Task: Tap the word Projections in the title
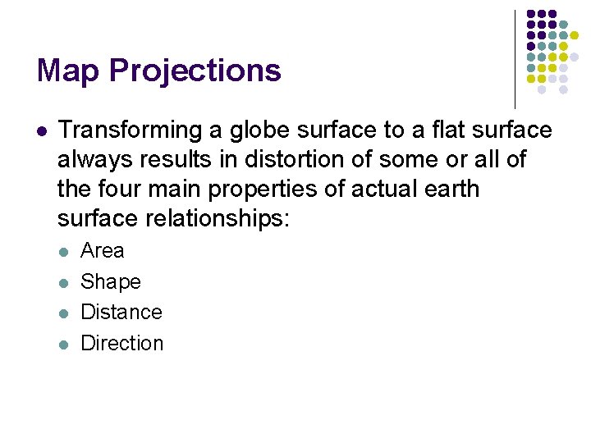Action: (x=195, y=71)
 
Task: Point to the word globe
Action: (x=246, y=130)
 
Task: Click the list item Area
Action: (x=103, y=251)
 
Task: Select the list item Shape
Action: (x=111, y=282)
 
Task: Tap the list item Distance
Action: (x=121, y=313)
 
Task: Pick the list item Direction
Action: (x=122, y=344)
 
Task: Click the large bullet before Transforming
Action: (x=42, y=131)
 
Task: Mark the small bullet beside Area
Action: (x=64, y=252)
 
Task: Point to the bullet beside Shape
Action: (x=64, y=282)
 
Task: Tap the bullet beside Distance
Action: (x=64, y=313)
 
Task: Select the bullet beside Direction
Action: (x=64, y=345)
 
